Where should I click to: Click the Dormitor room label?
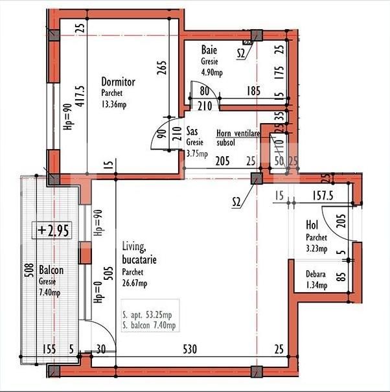[x=119, y=82]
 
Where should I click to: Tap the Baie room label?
[x=209, y=50]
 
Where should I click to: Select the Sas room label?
[x=192, y=131]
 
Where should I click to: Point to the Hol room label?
[x=312, y=225]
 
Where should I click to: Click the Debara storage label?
[x=315, y=274]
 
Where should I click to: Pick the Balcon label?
[x=51, y=270]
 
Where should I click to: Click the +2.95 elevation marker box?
[x=52, y=230]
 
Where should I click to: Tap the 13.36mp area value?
[x=114, y=104]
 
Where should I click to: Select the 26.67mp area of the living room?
[x=135, y=283]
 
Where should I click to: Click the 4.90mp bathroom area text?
[x=212, y=73]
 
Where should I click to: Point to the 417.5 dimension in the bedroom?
[x=81, y=97]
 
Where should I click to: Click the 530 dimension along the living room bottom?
[x=190, y=349]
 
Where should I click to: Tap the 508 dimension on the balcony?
[x=30, y=270]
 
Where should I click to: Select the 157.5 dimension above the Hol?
[x=323, y=196]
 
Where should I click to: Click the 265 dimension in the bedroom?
[x=162, y=68]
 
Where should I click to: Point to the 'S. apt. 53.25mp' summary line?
[x=147, y=315]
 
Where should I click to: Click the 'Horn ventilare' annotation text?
[x=238, y=133]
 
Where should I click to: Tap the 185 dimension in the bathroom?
[x=253, y=91]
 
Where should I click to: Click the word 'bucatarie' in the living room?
[x=139, y=260]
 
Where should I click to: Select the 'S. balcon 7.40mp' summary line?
[x=149, y=325]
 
